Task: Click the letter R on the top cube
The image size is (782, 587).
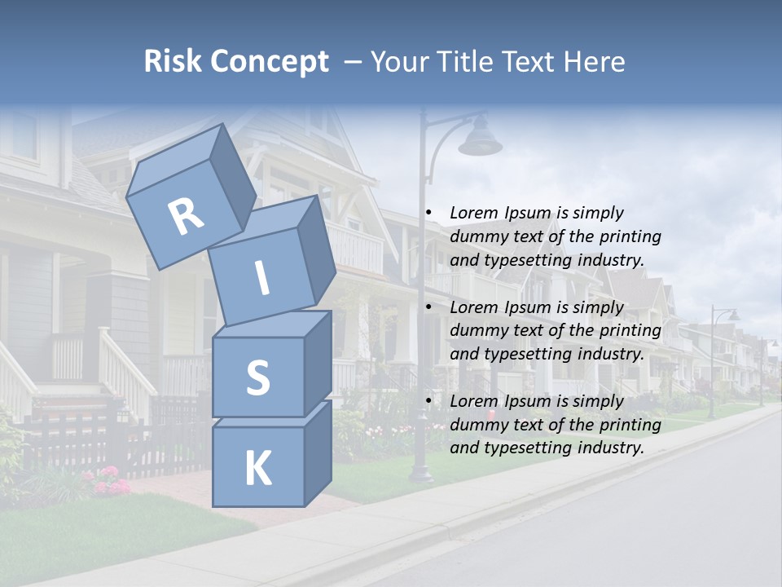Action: (x=186, y=216)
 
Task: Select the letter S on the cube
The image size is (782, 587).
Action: (x=257, y=377)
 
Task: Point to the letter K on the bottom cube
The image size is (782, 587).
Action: (x=257, y=469)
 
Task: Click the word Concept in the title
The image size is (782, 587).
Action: (x=268, y=62)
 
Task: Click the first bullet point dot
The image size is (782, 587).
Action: (x=428, y=213)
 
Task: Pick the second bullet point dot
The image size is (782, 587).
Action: (x=428, y=307)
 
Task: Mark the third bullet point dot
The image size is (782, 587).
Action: (x=428, y=401)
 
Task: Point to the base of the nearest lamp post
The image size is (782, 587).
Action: (x=421, y=472)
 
